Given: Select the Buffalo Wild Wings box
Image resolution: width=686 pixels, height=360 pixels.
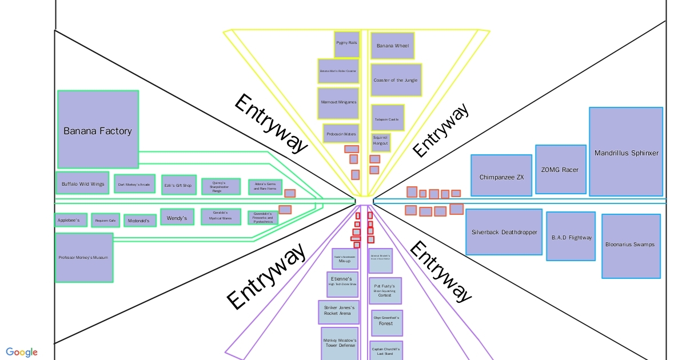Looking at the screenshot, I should (82, 183).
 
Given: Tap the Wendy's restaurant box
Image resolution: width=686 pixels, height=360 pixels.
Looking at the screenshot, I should (177, 217).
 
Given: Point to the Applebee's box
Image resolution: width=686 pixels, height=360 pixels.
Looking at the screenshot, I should (71, 219).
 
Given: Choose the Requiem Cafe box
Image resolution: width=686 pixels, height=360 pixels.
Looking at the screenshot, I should (105, 220).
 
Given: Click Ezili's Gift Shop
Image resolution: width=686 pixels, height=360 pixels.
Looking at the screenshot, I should (178, 185).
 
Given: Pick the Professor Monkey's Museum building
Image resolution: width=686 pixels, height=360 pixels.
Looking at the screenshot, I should (83, 257).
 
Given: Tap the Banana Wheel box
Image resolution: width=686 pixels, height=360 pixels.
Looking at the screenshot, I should (392, 46).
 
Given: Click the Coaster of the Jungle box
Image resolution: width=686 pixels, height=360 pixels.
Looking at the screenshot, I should (396, 80).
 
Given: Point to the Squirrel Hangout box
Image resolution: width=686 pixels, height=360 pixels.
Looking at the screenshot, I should (380, 140).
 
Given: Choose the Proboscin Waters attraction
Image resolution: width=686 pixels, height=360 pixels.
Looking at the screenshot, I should (341, 134).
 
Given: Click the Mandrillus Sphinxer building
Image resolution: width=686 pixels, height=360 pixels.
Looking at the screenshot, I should (626, 152).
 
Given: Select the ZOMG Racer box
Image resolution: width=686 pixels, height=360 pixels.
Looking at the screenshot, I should (560, 169).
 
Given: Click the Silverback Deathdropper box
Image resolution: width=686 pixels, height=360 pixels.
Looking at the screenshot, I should (504, 231).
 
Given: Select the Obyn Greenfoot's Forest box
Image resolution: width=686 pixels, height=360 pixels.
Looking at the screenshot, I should (386, 322).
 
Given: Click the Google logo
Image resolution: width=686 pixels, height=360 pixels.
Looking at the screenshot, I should (22, 352).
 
